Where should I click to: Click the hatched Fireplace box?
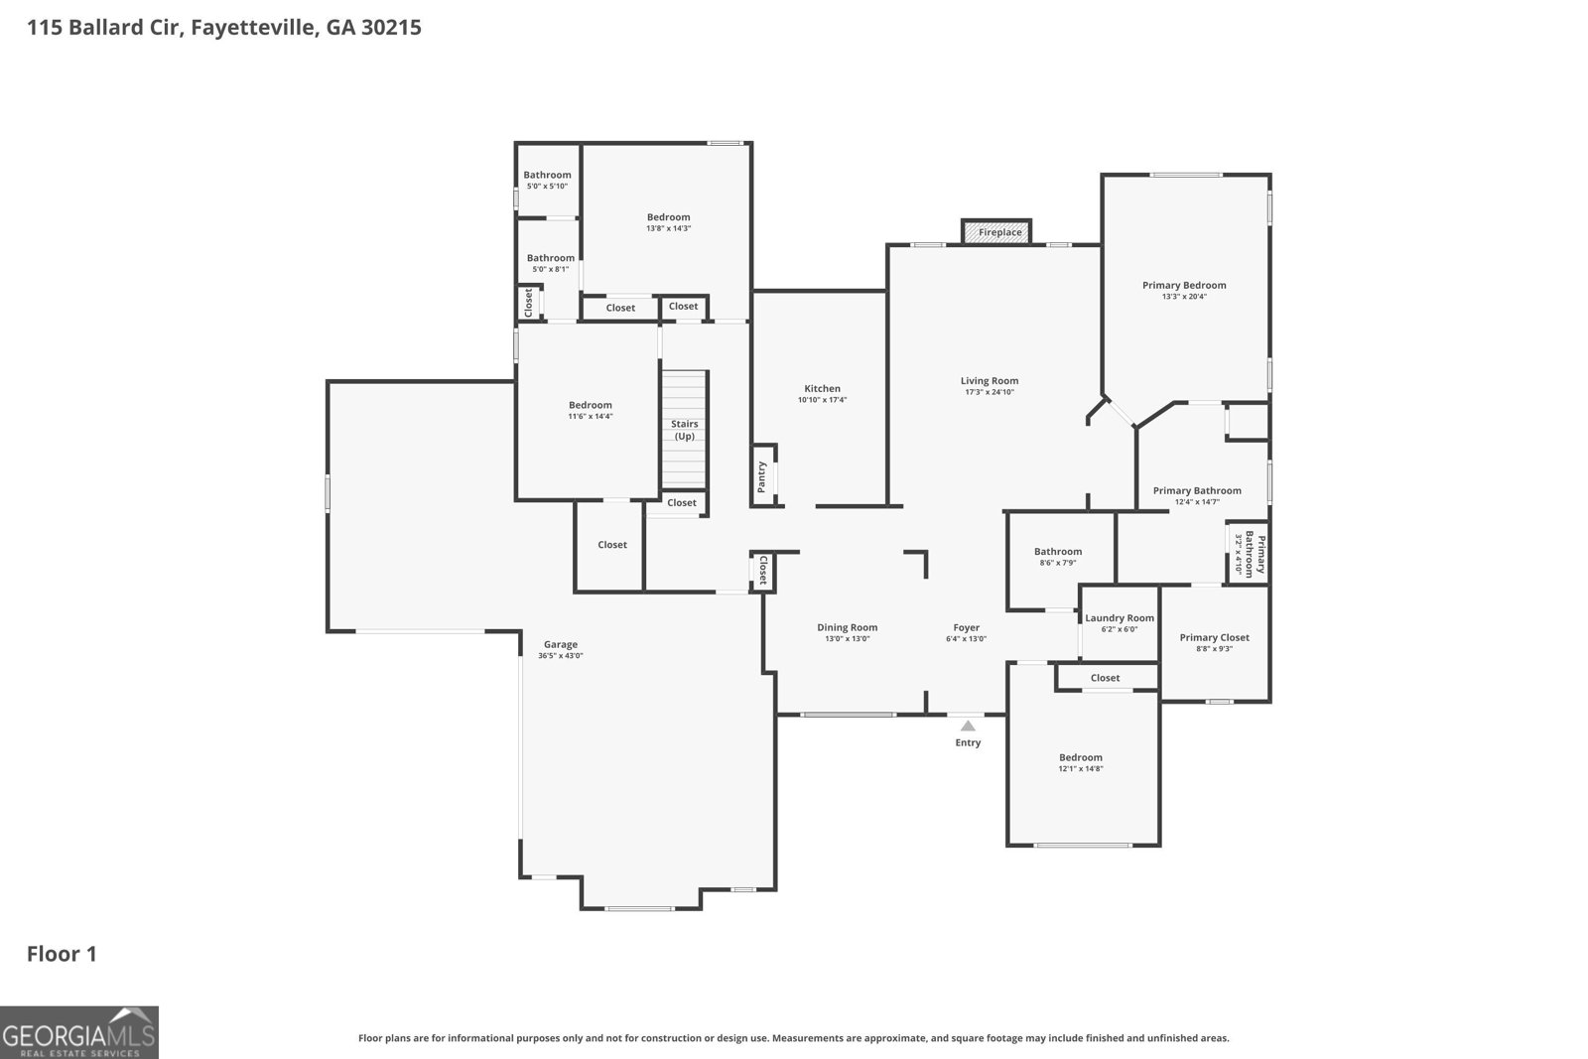(996, 232)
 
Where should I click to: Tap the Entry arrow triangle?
(968, 726)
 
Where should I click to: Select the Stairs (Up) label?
(685, 430)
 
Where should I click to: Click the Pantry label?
(762, 477)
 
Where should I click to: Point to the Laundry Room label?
(1120, 618)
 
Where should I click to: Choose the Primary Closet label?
(1215, 637)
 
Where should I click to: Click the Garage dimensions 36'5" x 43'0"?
(560, 656)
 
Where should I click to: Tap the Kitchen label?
(823, 388)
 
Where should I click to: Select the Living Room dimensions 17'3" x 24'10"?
(990, 392)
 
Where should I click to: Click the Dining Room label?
(848, 627)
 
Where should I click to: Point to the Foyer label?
(967, 627)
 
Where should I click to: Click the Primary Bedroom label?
(1184, 285)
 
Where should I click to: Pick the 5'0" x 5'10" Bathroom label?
(547, 175)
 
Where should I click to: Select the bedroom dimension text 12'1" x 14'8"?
(1081, 768)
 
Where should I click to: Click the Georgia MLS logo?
(78, 1032)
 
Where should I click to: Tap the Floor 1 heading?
(62, 954)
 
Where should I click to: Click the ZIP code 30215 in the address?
(391, 28)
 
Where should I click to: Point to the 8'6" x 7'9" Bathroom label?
(1058, 552)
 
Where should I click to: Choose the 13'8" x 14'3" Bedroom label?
(669, 217)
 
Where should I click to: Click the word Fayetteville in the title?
(254, 29)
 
